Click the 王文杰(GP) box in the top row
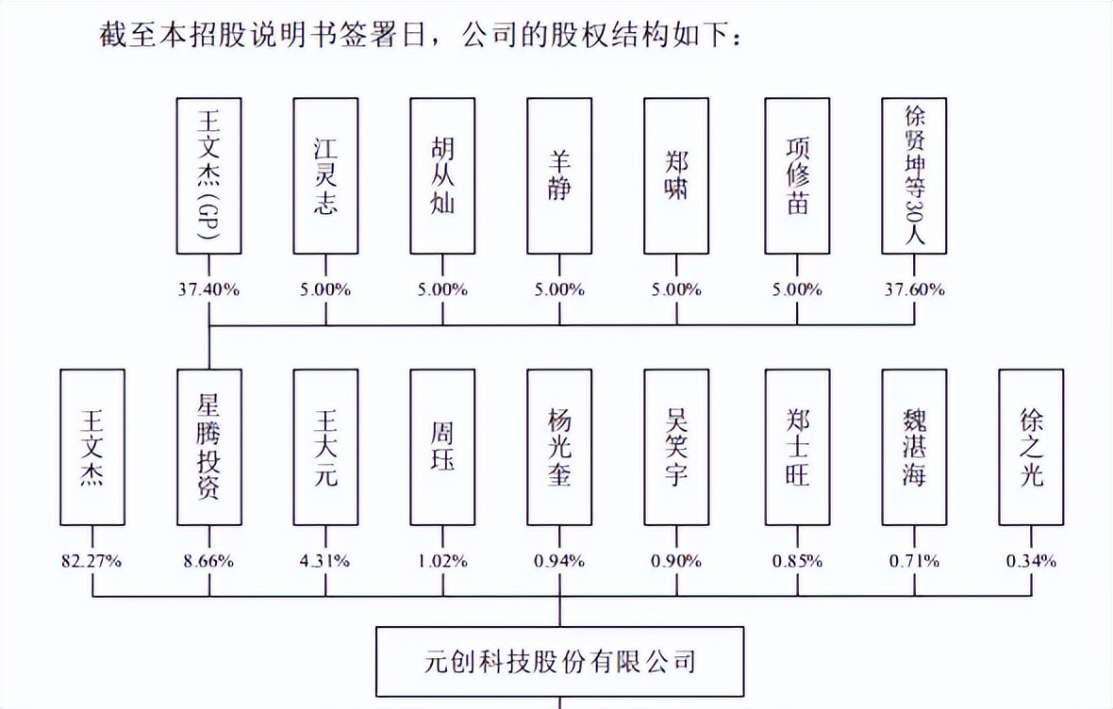click(x=209, y=175)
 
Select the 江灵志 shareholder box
click(x=325, y=175)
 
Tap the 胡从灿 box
click(x=442, y=175)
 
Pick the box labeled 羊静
click(x=559, y=175)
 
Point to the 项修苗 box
click(x=798, y=175)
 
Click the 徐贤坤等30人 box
click(x=914, y=175)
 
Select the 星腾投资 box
click(x=209, y=447)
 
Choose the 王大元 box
click(x=325, y=447)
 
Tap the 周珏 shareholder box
click(x=442, y=447)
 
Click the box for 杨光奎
click(x=559, y=447)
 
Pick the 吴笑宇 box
click(x=676, y=447)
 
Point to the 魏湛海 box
click(x=914, y=447)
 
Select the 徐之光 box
click(x=1031, y=447)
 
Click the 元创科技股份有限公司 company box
click(x=560, y=660)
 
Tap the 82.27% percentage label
click(x=92, y=562)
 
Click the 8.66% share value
click(x=209, y=562)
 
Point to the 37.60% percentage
click(x=914, y=290)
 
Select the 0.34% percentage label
click(x=1031, y=562)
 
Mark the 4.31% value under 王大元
click(x=325, y=562)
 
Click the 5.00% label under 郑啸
click(x=676, y=290)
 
